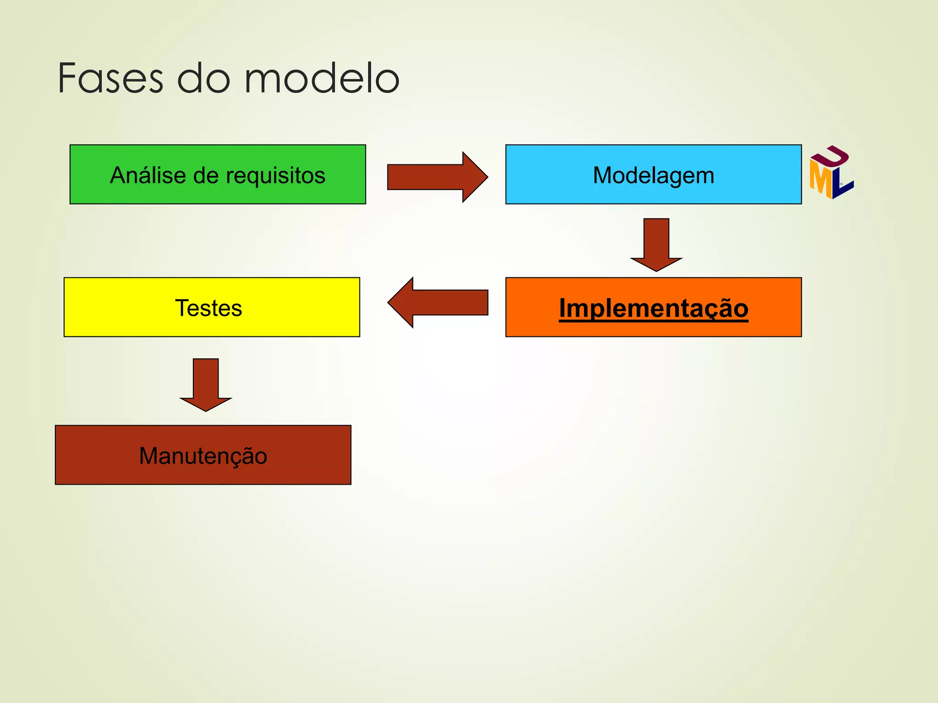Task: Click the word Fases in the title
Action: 110,79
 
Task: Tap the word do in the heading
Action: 204,79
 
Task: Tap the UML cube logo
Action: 831,173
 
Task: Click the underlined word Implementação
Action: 654,308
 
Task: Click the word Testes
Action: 208,308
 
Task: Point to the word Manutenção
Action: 203,456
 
